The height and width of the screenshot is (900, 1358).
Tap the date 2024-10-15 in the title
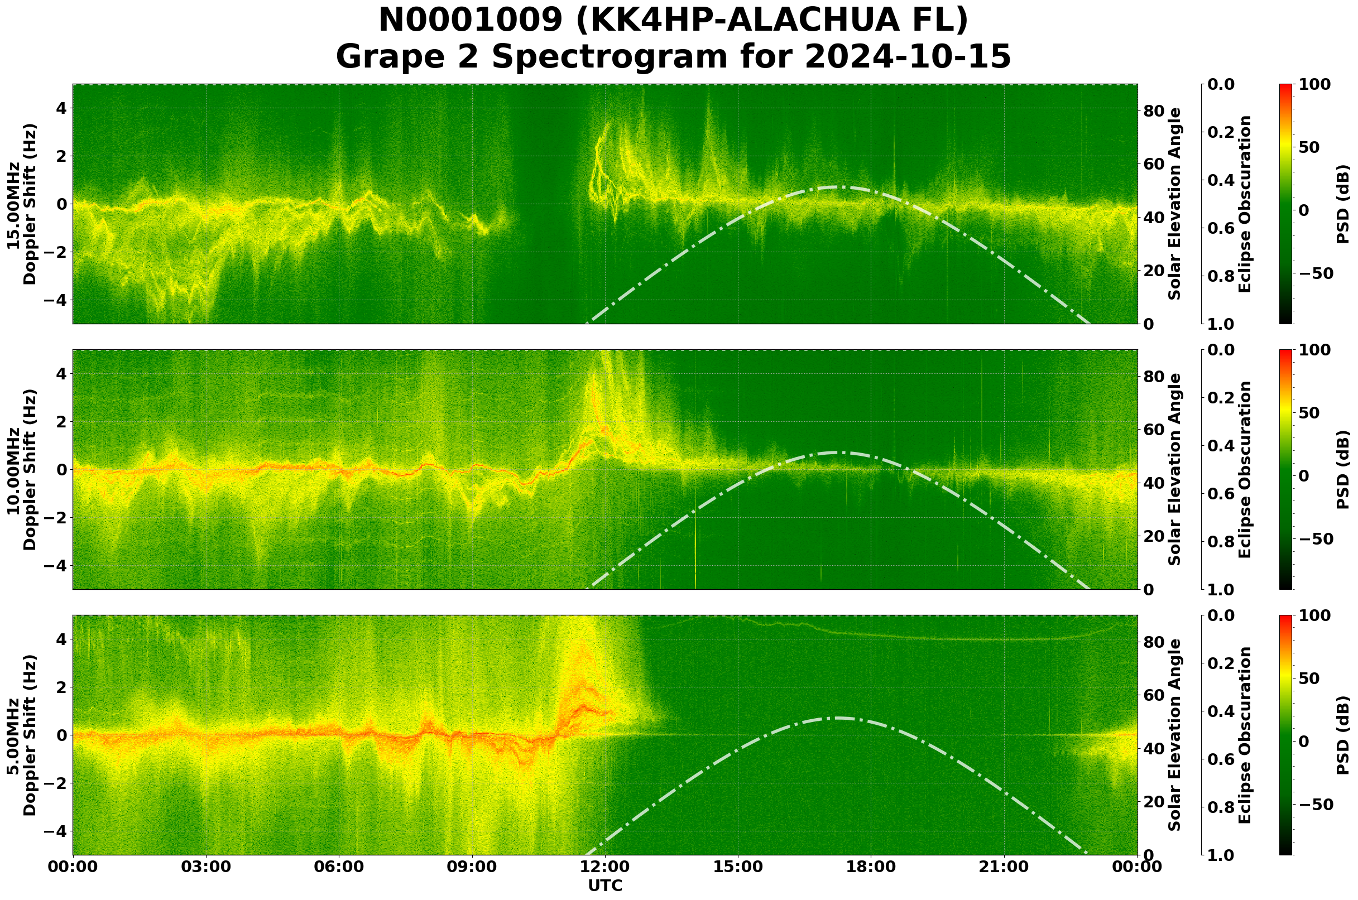(x=907, y=57)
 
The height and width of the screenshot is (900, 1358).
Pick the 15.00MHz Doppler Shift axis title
(x=22, y=204)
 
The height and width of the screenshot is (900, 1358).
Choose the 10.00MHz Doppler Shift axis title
(x=22, y=469)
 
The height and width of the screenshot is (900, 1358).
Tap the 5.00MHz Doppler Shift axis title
(x=22, y=735)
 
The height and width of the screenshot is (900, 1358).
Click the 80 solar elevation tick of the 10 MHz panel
(x=1154, y=377)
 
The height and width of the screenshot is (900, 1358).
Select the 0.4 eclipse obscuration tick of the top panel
(x=1225, y=180)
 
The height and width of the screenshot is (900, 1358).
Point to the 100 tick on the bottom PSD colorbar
(x=1314, y=615)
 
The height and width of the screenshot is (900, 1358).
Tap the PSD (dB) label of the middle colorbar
(x=1342, y=469)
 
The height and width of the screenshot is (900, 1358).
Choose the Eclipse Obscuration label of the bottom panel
(x=1244, y=735)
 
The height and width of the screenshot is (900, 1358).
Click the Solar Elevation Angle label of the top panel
(x=1175, y=204)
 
